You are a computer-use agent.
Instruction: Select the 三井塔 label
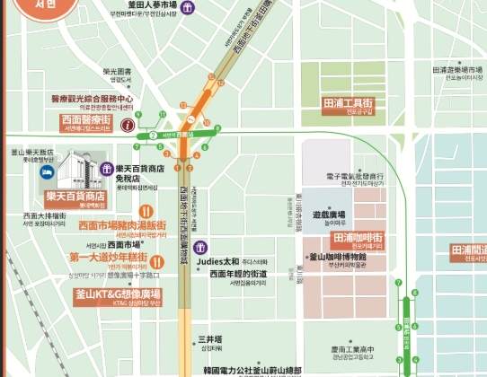(208, 340)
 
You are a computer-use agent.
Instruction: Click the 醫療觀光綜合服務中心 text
(92, 99)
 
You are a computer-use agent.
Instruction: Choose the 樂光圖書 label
(117, 71)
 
